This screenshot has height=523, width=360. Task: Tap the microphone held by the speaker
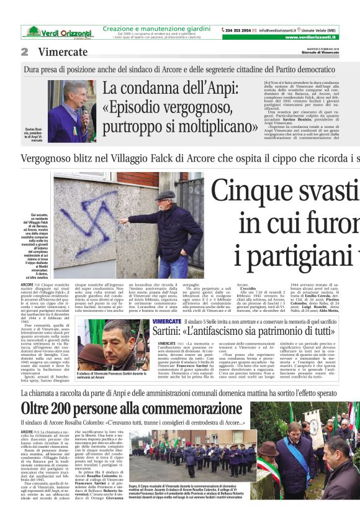[x=79, y=112]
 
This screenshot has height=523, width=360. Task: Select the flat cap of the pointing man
[x=164, y=195]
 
